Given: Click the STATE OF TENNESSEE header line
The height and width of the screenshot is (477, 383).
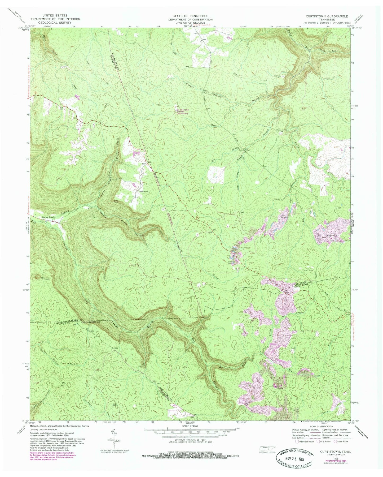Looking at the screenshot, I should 192,16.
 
